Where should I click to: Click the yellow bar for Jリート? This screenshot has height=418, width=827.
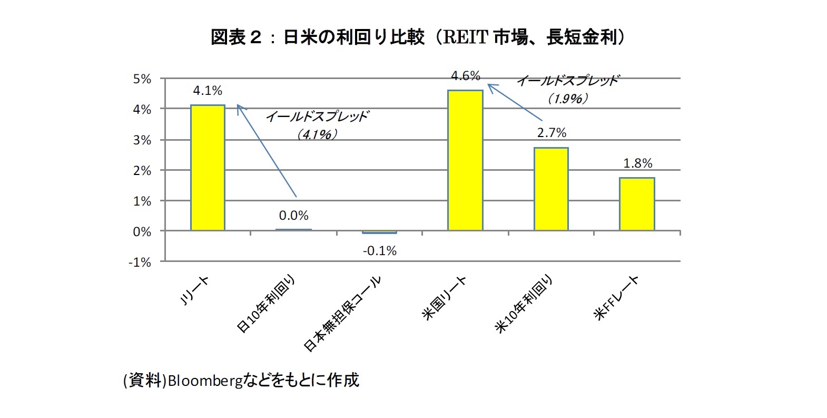(x=208, y=168)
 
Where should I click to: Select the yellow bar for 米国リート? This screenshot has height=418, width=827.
(x=465, y=160)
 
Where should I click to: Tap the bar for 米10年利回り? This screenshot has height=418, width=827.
(x=551, y=189)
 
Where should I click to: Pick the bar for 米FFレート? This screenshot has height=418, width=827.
(x=637, y=204)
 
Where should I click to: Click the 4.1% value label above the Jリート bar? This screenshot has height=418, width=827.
(x=208, y=91)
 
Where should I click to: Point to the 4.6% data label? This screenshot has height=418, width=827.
(x=465, y=76)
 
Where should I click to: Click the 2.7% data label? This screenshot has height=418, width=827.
(x=552, y=133)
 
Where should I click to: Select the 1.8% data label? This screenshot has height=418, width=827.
(x=637, y=163)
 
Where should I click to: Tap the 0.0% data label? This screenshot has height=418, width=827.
(x=293, y=216)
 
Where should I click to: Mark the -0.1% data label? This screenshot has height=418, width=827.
(x=379, y=251)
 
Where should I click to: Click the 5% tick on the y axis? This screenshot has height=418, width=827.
(x=142, y=79)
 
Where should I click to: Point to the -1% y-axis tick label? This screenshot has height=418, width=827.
(x=140, y=263)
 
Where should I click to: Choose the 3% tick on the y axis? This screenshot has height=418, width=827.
(x=142, y=140)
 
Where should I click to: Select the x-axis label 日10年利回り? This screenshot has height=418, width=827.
(x=266, y=304)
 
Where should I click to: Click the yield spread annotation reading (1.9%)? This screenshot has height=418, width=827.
(x=567, y=99)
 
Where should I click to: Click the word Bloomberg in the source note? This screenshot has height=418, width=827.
(x=205, y=381)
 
